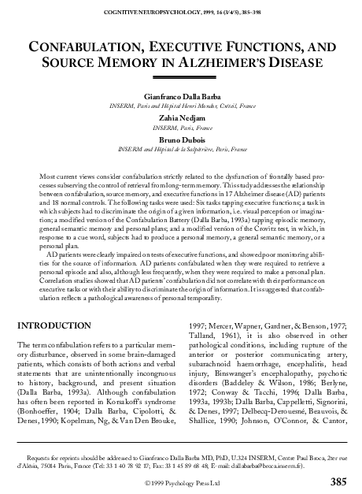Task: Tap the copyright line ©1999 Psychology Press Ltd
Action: point(182,481)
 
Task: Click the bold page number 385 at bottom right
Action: point(338,481)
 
